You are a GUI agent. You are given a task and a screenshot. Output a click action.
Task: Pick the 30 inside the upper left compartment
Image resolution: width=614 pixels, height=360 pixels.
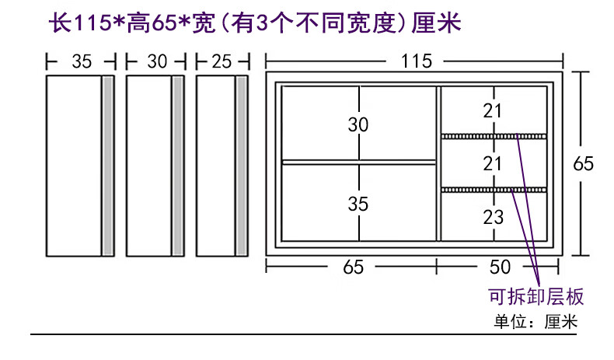pyautogui.click(x=358, y=124)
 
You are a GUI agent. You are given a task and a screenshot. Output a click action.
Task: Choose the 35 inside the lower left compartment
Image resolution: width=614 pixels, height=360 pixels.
pyautogui.click(x=358, y=204)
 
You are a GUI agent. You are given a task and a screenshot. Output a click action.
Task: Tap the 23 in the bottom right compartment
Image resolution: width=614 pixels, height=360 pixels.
pyautogui.click(x=493, y=218)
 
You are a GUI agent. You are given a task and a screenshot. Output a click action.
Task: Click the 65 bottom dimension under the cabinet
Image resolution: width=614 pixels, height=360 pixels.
pyautogui.click(x=353, y=267)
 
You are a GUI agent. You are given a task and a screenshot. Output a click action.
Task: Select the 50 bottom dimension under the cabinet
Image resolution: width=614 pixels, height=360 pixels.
pyautogui.click(x=501, y=267)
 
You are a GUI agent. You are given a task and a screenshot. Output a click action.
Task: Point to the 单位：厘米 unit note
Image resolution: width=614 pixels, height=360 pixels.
pyautogui.click(x=536, y=322)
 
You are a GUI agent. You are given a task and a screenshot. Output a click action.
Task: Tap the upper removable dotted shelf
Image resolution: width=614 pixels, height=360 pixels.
pyautogui.click(x=494, y=136)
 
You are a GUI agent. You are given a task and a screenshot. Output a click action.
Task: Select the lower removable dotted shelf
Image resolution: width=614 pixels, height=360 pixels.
pyautogui.click(x=494, y=189)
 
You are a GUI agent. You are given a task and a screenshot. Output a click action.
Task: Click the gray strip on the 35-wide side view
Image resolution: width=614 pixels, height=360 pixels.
pyautogui.click(x=109, y=165)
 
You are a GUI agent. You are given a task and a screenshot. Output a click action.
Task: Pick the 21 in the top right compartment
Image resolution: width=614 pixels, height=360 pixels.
pyautogui.click(x=493, y=111)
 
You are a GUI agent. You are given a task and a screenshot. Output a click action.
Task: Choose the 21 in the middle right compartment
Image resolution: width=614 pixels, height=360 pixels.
pyautogui.click(x=493, y=163)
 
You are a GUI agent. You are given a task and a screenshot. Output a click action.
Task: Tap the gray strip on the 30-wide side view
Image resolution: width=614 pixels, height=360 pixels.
pyautogui.click(x=178, y=165)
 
